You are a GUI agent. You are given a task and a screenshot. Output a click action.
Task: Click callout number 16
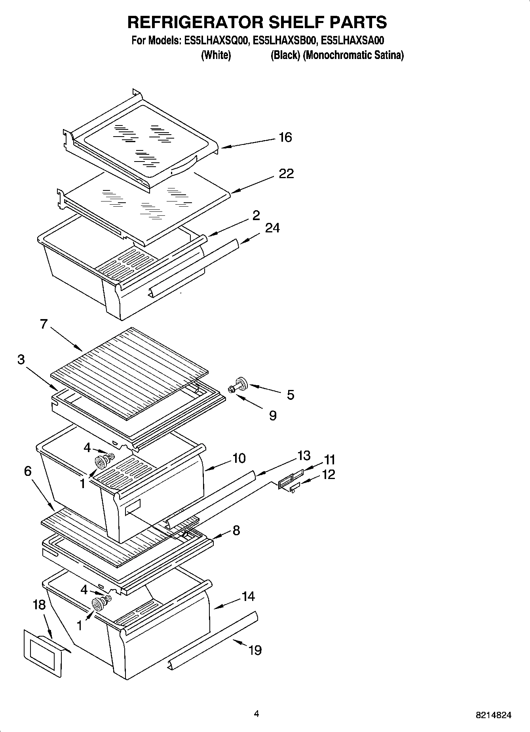pyautogui.click(x=285, y=137)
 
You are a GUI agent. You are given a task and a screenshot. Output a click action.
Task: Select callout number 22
pyautogui.click(x=286, y=173)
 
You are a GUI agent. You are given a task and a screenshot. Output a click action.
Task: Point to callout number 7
pyautogui.click(x=44, y=324)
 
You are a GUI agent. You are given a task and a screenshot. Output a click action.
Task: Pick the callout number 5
pyautogui.click(x=291, y=395)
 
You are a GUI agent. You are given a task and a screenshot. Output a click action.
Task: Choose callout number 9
pyautogui.click(x=272, y=415)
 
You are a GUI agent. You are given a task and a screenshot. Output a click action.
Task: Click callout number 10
pyautogui.click(x=239, y=458)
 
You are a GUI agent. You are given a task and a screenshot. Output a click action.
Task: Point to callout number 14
pyautogui.click(x=248, y=596)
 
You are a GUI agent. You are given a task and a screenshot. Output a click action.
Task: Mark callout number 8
pyautogui.click(x=236, y=530)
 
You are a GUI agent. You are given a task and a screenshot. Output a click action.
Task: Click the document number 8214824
pyautogui.click(x=494, y=715)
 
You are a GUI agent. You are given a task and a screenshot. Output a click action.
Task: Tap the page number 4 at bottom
pyautogui.click(x=256, y=714)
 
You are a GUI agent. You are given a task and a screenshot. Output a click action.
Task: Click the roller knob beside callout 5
pyautogui.click(x=240, y=384)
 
